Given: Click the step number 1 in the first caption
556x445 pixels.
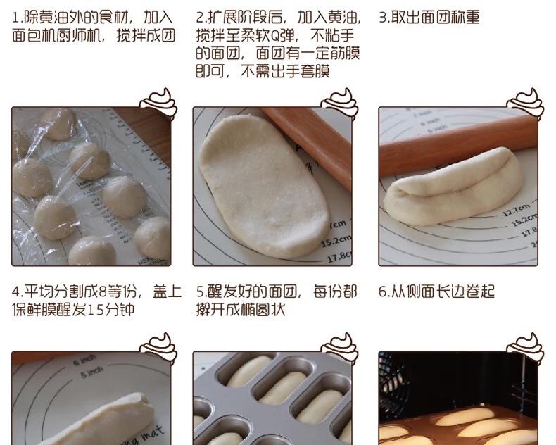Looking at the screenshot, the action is click(x=15, y=18).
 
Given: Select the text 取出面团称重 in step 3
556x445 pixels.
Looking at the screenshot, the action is click(x=436, y=17).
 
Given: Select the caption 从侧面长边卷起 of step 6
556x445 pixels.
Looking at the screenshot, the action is click(x=443, y=292).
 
